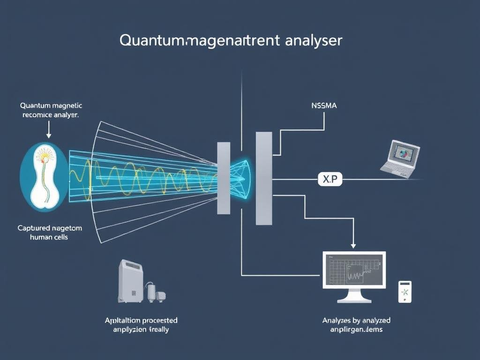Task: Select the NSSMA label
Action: point(323,106)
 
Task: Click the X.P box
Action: point(330,179)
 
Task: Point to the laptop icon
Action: point(401,158)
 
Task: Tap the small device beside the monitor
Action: point(405,292)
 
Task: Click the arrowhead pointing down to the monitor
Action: point(353,245)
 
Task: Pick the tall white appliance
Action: point(130,281)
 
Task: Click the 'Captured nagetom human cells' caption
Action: point(50,232)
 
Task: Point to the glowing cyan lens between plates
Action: point(242,179)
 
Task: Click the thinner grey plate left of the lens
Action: point(224,178)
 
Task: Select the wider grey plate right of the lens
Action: point(263,178)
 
